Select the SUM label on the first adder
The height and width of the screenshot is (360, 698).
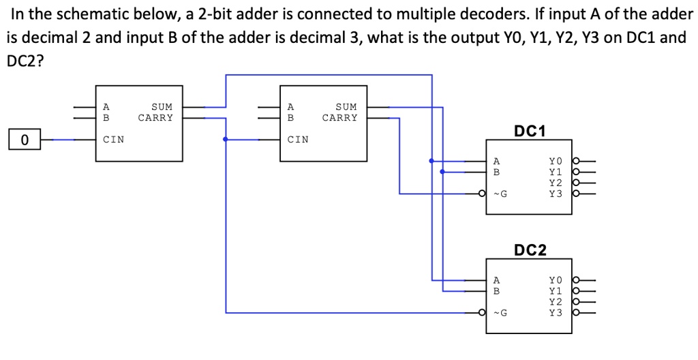click(162, 107)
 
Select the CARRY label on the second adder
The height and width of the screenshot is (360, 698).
click(339, 117)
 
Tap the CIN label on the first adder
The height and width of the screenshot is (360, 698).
click(113, 140)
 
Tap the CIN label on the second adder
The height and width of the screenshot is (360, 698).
click(298, 140)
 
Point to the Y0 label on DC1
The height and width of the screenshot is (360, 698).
click(556, 162)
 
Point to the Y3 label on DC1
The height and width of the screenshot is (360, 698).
click(556, 194)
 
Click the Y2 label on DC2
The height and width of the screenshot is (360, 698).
click(556, 301)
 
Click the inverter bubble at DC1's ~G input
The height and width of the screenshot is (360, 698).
click(482, 194)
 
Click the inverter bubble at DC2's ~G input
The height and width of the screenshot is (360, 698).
click(482, 314)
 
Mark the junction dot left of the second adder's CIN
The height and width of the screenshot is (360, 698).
click(226, 139)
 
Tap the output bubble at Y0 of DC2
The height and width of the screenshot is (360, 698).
click(576, 280)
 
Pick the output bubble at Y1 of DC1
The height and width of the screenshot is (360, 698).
click(576, 172)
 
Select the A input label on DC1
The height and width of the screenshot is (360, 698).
click(496, 162)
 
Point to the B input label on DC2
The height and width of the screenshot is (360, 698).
click(496, 290)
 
